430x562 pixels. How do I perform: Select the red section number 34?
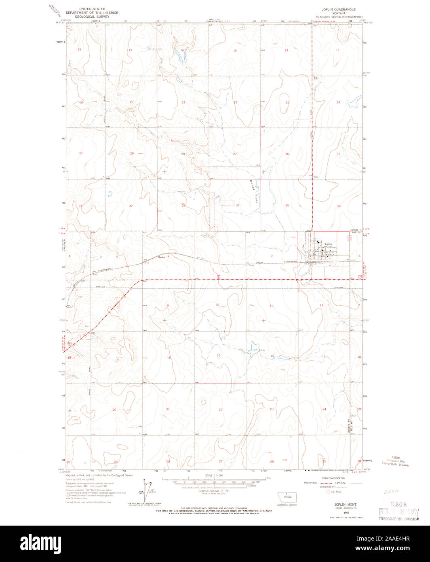(238, 205)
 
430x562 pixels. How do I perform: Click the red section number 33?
(183, 205)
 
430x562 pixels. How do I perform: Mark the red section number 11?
(271, 306)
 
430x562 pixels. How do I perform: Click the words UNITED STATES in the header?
(92, 8)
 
